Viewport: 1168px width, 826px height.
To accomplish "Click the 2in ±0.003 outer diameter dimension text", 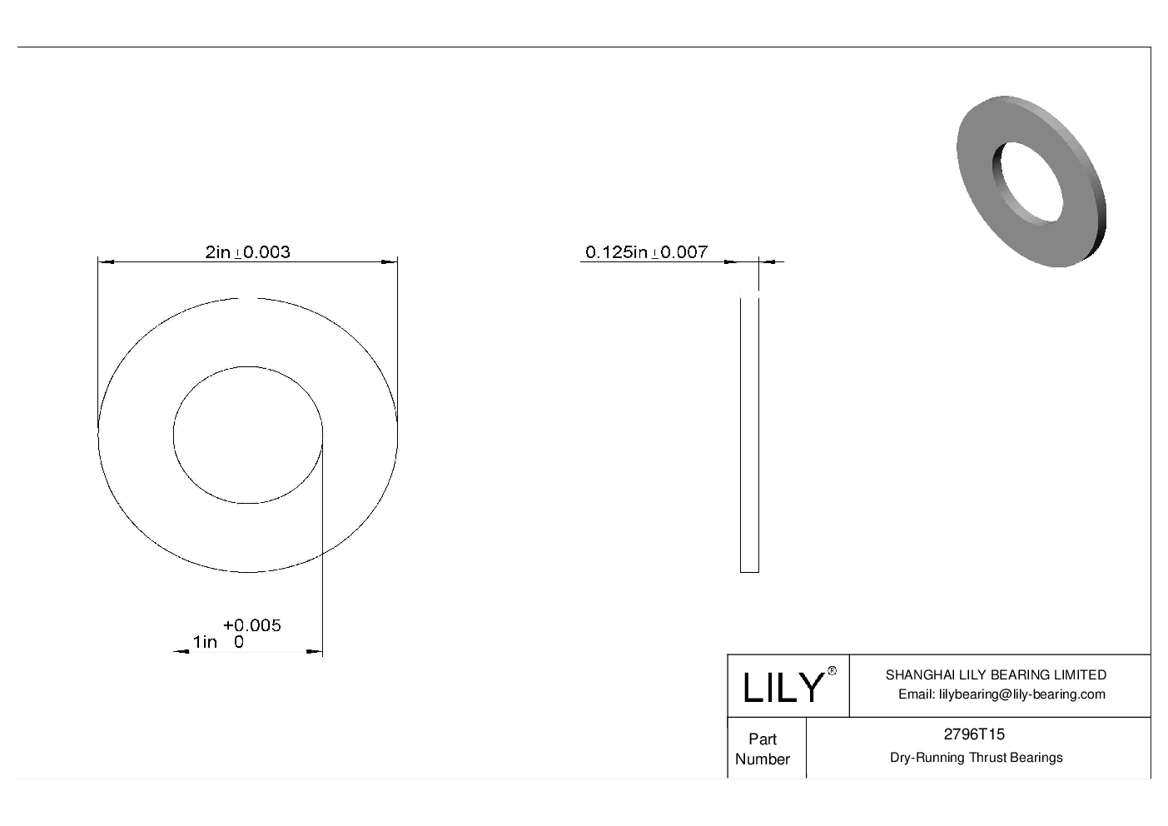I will pos(247,251).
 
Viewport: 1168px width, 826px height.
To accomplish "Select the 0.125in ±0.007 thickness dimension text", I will pos(646,251).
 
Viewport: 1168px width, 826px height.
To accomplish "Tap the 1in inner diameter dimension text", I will pos(205,642).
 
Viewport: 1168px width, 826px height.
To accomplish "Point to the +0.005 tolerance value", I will pos(252,625).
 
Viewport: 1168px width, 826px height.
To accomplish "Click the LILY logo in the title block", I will pos(782,688).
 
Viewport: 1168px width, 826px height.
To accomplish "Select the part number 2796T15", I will pos(973,734).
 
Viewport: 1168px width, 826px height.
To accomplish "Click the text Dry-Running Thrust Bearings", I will pos(976,758).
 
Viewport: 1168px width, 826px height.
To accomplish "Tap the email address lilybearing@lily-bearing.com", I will pos(1001,694).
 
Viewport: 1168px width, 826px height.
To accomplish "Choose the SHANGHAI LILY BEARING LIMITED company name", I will pos(996,675).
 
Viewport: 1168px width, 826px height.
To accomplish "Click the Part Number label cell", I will pos(762,749).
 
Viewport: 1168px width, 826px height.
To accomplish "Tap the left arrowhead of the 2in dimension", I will pos(105,262).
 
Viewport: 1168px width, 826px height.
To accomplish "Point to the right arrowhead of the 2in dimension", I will pos(390,262).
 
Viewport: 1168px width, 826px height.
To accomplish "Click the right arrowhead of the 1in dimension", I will pos(316,652).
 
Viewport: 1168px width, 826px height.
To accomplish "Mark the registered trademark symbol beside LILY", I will pos(832,671).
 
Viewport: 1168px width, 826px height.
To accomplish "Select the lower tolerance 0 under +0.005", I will pos(239,642).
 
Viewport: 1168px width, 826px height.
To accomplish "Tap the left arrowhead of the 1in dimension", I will pos(179,652).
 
